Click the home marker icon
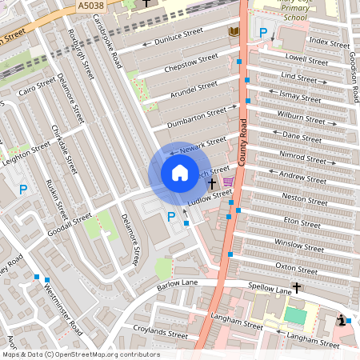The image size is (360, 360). (x=179, y=172)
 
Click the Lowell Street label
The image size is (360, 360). (x=306, y=61)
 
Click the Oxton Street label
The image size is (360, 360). (x=297, y=266)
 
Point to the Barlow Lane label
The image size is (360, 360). (x=177, y=284)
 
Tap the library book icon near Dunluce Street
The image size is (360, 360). (x=234, y=31)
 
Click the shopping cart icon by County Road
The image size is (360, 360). (x=229, y=182)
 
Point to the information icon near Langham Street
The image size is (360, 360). (x=342, y=320)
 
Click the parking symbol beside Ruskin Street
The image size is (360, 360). (x=23, y=190)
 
